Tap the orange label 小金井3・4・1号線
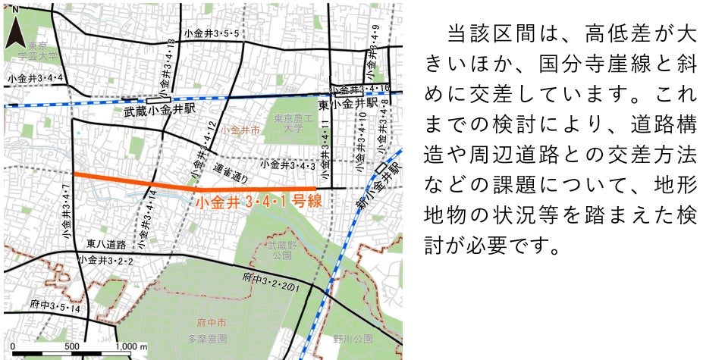coord(259,202)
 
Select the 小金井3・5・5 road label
coord(211,34)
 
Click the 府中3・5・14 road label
coord(55,310)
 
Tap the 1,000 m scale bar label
coord(128,346)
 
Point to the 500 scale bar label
coord(72,346)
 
